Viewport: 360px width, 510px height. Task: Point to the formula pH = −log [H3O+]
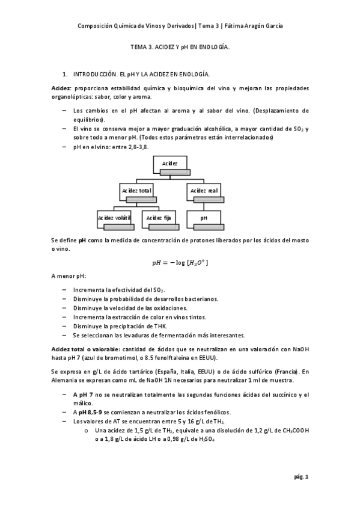point(180,263)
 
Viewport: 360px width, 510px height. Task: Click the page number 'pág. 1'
point(301,477)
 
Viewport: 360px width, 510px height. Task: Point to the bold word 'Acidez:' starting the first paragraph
point(62,88)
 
